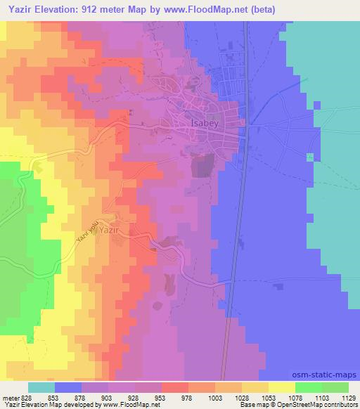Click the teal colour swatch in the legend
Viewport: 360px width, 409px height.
coord(41,388)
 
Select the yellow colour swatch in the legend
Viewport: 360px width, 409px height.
coord(282,388)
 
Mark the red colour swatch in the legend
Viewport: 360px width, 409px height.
coord(174,388)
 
